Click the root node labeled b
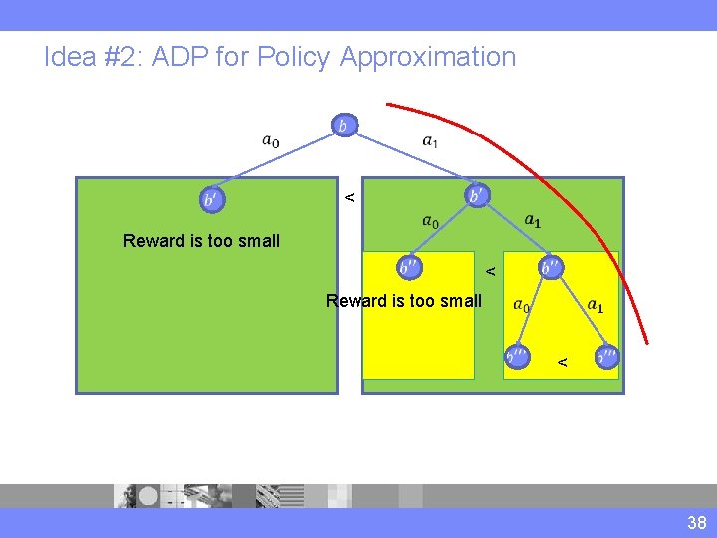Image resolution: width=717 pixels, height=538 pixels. point(343,126)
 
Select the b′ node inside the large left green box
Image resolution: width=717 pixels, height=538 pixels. point(211,199)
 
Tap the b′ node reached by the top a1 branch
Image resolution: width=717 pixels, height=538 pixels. point(478,195)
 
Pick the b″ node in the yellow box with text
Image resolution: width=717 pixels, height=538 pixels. point(409,267)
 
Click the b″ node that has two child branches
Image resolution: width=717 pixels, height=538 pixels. point(551,267)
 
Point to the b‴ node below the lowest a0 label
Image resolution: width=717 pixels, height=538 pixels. point(517,355)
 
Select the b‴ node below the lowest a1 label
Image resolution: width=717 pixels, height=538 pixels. point(605,355)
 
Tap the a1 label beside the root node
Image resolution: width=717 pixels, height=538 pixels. point(430,141)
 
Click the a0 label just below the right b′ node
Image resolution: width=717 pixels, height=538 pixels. point(429,222)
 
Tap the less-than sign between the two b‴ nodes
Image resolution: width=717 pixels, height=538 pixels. point(562,360)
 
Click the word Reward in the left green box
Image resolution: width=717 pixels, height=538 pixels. point(152,240)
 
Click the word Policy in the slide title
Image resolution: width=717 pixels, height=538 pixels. point(293,57)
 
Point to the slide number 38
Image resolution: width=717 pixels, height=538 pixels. point(695,523)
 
